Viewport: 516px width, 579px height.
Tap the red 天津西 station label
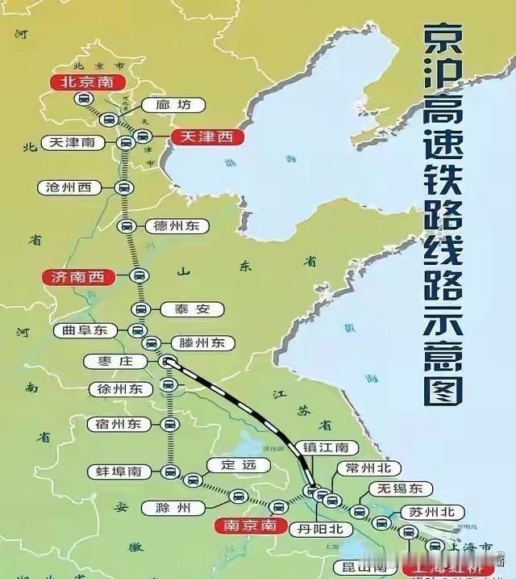pos(206,137)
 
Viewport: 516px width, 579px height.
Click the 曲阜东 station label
pos(84,330)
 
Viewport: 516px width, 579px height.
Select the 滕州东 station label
pos(202,342)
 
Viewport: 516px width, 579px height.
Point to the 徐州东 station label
pos(119,389)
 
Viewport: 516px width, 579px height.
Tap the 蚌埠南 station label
pos(119,471)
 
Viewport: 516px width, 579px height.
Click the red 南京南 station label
pos(252,526)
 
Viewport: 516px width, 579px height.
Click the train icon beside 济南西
pos(139,277)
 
